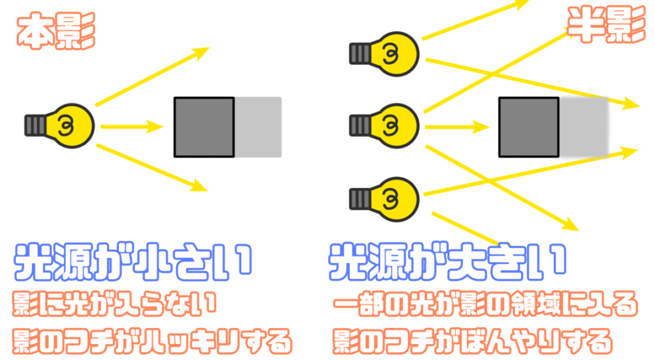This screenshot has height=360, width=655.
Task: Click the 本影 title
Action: point(56,31)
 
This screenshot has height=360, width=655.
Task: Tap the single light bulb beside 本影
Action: point(59,126)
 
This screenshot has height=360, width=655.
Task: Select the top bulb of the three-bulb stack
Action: point(384,54)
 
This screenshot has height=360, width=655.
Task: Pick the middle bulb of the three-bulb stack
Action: point(384,126)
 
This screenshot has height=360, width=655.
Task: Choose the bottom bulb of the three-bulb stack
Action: point(384,200)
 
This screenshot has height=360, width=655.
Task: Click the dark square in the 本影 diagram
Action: point(204,127)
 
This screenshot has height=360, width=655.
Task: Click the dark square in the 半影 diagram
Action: point(529,127)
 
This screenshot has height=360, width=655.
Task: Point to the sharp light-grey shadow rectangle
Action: point(258,127)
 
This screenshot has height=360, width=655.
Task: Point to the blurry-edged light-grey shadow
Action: point(584,127)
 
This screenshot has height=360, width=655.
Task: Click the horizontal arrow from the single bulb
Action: point(132,127)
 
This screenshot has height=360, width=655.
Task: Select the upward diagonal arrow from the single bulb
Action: point(152,77)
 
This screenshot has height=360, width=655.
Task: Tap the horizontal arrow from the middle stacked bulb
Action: point(457,127)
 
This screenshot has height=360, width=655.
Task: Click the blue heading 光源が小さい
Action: point(133,262)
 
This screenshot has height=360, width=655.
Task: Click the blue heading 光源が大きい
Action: point(447,262)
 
